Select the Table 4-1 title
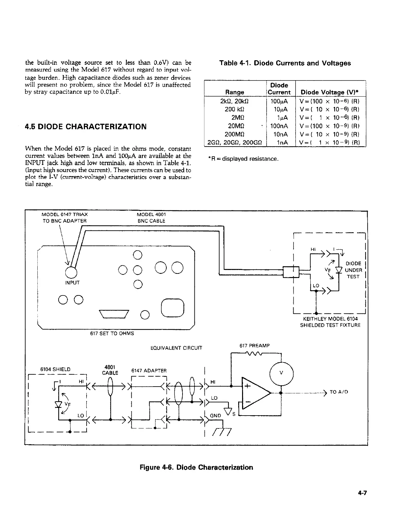coord(285,63)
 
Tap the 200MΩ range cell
coord(235,134)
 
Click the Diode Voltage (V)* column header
coord(330,92)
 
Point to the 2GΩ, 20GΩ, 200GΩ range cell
coord(235,142)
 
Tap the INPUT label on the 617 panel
coord(72,283)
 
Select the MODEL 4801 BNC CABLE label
coord(151,217)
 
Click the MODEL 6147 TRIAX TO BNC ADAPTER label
coord(65,217)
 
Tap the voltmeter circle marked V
coord(282,373)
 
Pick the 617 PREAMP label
coord(254,346)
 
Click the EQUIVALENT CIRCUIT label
coord(176,348)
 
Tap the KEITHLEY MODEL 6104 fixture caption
coord(330,322)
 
